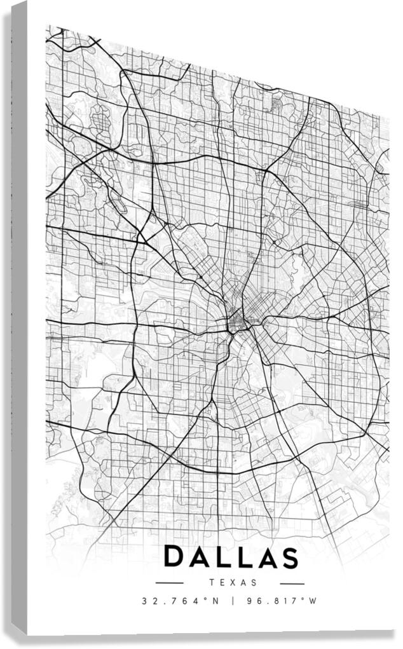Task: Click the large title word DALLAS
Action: pos(231,557)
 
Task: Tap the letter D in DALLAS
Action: pos(175,557)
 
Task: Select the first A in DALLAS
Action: pos(199,557)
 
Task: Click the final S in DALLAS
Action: pos(288,557)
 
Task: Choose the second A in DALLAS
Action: pos(264,557)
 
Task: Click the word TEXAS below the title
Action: pos(232,582)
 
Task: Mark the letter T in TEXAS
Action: pos(211,582)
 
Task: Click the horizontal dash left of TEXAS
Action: pos(169,583)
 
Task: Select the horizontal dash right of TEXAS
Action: pos(292,583)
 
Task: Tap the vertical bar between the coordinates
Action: pos(233,601)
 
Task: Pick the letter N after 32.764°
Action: pos(215,601)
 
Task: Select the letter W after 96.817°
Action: pos(313,601)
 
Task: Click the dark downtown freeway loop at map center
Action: pos(238,320)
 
